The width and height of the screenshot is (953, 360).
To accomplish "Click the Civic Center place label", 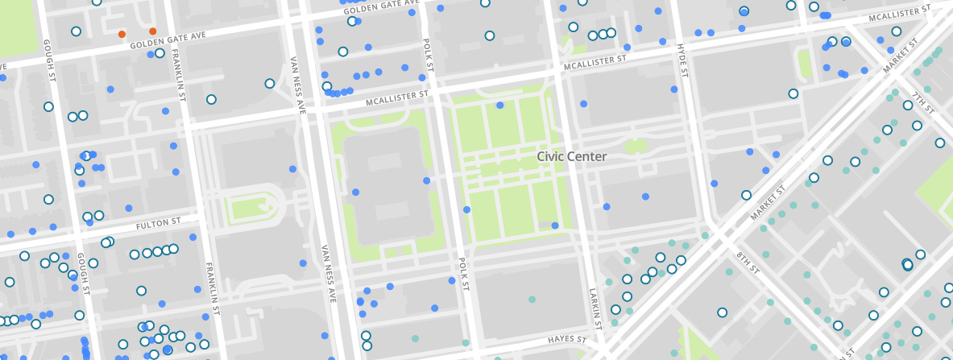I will click(x=571, y=156).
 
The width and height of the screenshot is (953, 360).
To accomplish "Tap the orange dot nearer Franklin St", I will click(x=153, y=31).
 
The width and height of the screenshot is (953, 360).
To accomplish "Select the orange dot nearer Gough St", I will click(x=122, y=34).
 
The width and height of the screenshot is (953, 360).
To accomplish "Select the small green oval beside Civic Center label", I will click(x=636, y=147).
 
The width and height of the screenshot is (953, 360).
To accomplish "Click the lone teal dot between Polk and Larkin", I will click(x=532, y=300).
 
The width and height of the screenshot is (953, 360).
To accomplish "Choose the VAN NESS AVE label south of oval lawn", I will click(x=328, y=273).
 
